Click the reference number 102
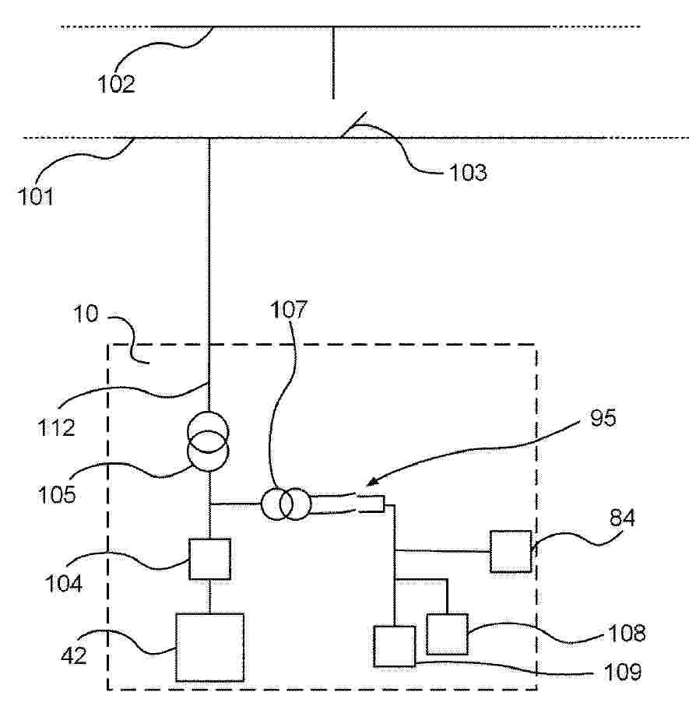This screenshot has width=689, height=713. [x=117, y=84]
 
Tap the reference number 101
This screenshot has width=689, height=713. [x=36, y=196]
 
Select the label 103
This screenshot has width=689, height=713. [x=468, y=173]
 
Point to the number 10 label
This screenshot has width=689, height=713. [x=86, y=314]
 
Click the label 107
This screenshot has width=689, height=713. [x=289, y=310]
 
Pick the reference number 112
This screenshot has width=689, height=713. [x=56, y=428]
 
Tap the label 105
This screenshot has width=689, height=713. [x=56, y=495]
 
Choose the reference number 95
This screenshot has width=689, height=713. [x=603, y=418]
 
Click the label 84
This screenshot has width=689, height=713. [x=622, y=518]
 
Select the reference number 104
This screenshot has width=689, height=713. [x=64, y=584]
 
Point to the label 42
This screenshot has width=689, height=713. [x=74, y=655]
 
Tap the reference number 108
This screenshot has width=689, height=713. [x=627, y=633]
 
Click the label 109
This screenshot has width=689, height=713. [x=623, y=672]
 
